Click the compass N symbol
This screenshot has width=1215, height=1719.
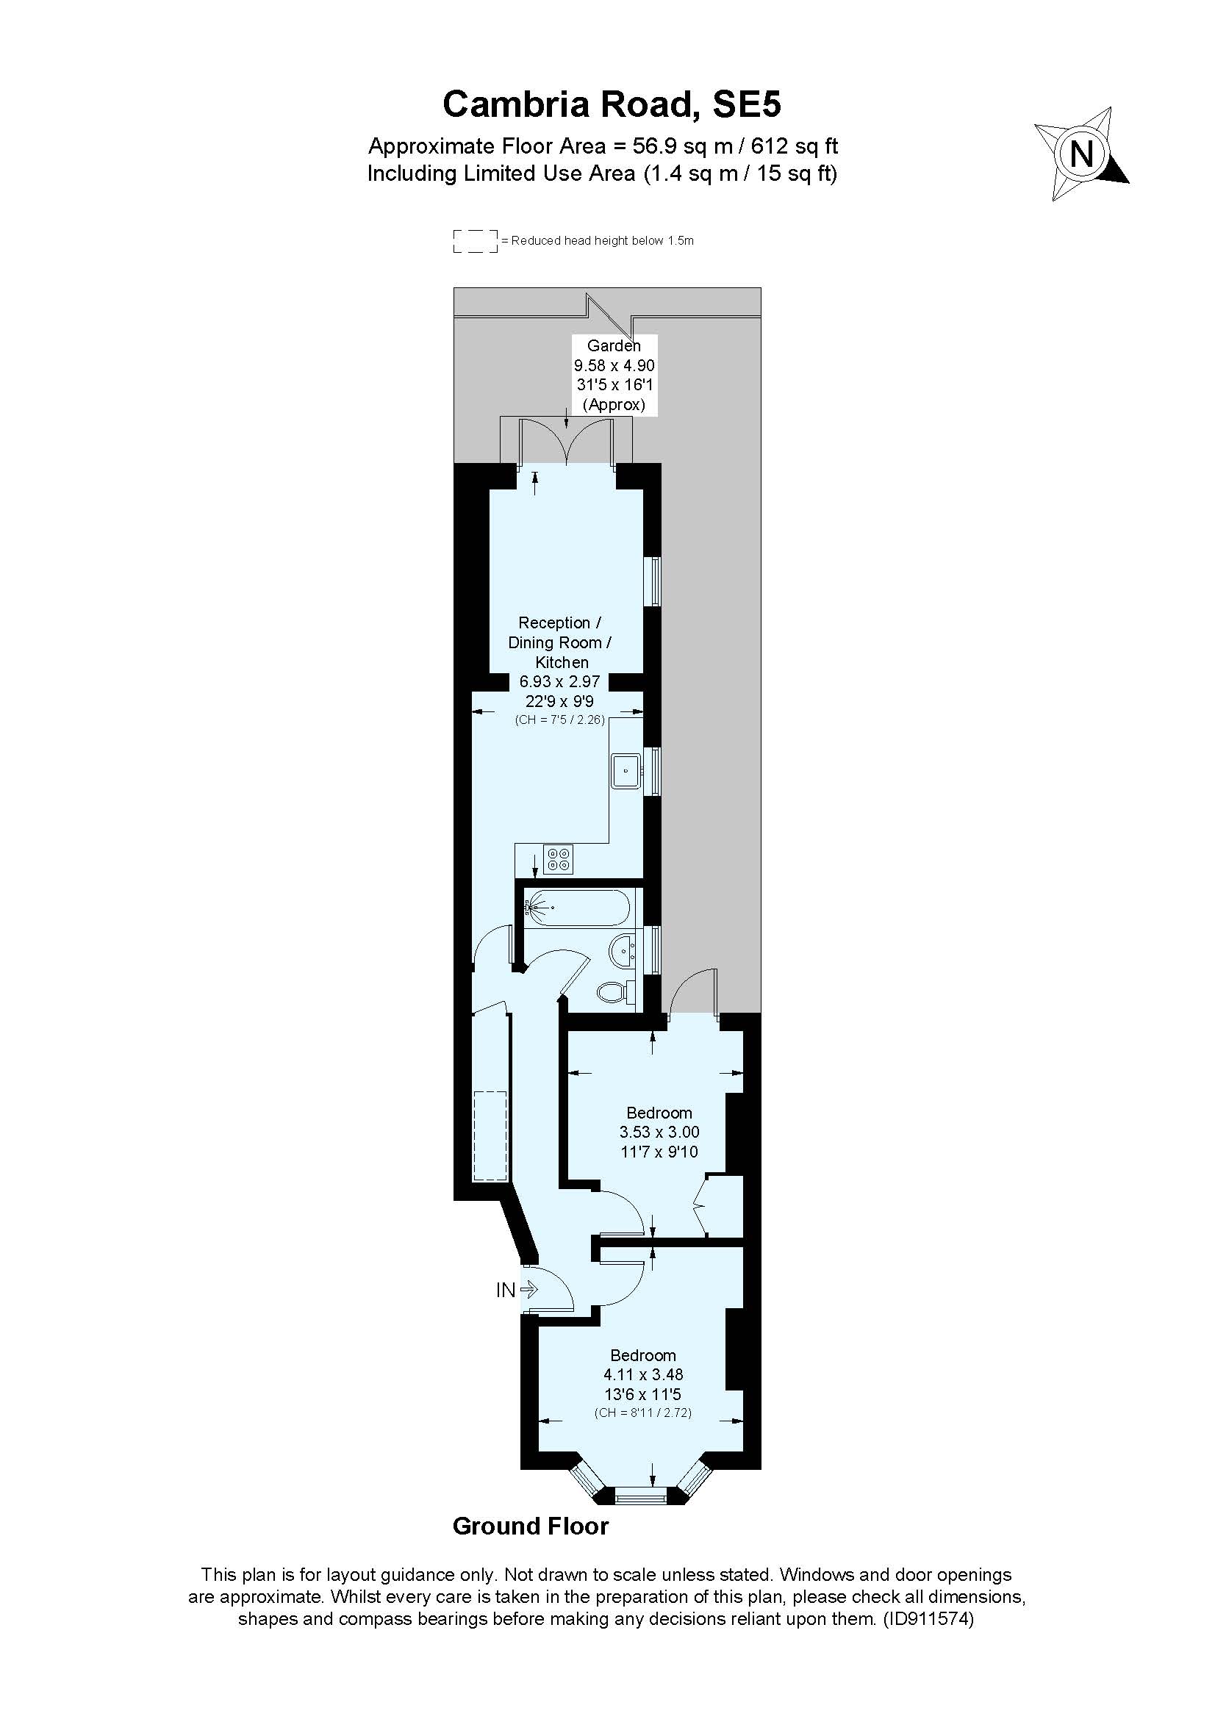(x=1082, y=154)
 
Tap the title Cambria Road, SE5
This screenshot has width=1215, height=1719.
(x=612, y=104)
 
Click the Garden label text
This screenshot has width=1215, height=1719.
(x=614, y=345)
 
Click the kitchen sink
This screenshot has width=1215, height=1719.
(x=626, y=770)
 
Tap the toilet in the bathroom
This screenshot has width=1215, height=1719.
(x=615, y=992)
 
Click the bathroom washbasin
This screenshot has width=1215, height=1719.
(x=623, y=952)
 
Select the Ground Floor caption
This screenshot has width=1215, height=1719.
(x=531, y=1526)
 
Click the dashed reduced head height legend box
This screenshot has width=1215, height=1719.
(x=476, y=241)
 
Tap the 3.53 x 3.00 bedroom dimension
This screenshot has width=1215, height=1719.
(x=659, y=1132)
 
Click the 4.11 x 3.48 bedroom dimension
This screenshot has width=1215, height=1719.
(x=643, y=1374)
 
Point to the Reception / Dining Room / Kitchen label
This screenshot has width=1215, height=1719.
(x=560, y=642)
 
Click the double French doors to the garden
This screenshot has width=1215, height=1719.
(x=567, y=442)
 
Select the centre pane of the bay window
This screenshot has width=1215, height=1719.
(x=641, y=1496)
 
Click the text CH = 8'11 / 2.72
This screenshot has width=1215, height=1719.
(x=642, y=1413)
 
